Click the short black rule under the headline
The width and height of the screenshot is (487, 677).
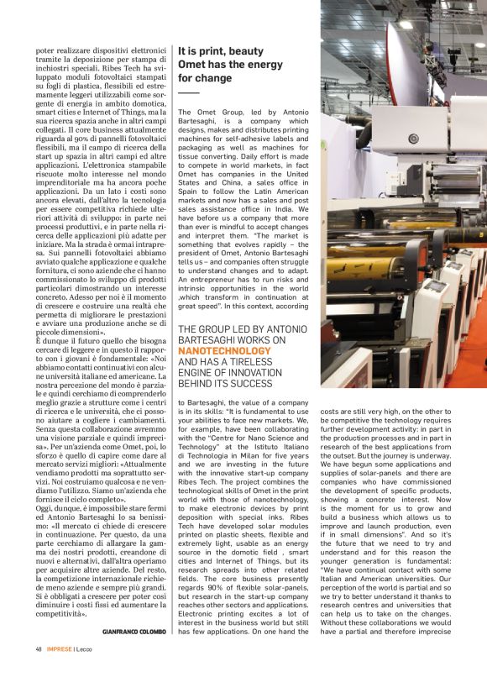click(x=188, y=92)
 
